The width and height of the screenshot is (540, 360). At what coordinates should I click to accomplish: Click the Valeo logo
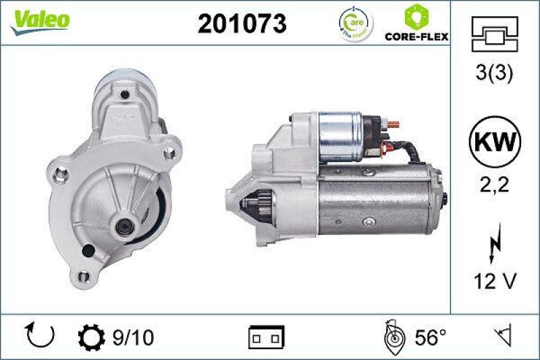coord(39,20)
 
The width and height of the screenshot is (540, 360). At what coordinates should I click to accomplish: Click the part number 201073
coord(242,24)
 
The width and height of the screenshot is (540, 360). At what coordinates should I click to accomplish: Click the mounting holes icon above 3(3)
coord(495,34)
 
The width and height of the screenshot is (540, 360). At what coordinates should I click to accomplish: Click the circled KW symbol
coord(495,142)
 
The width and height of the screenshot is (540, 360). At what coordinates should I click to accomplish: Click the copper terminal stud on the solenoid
coord(392,125)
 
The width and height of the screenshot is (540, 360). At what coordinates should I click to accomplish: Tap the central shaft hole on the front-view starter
coord(126,226)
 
